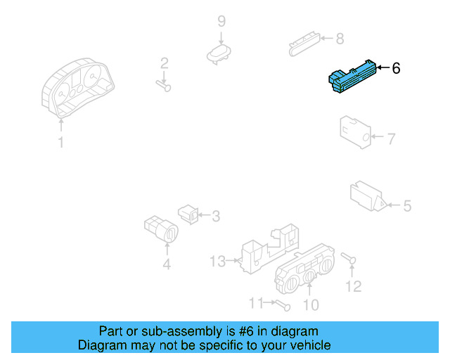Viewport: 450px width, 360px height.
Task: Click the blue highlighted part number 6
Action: pos(351,77)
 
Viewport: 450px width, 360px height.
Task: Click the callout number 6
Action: pos(396,68)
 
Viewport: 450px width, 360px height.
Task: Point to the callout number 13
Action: pos(217,262)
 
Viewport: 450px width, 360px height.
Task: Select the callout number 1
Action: pos(60,143)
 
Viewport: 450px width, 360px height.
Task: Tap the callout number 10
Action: pos(310,304)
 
